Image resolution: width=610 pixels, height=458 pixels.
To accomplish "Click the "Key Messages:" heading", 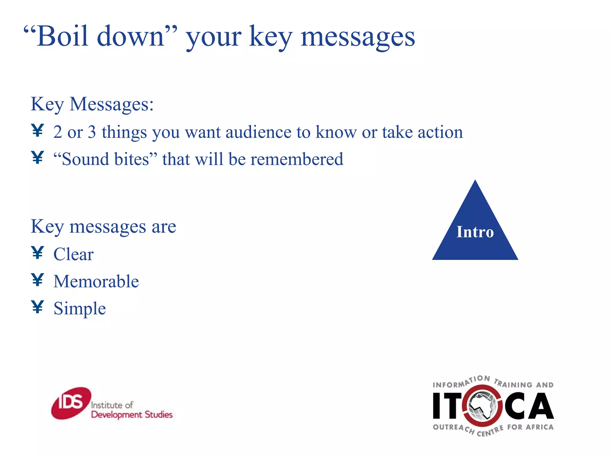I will (x=92, y=104).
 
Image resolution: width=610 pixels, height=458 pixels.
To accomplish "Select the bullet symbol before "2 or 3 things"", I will (x=38, y=131).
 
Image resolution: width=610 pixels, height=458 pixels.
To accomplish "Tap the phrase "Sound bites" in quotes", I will (x=105, y=159).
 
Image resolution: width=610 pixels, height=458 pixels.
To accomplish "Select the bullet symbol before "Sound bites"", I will (x=38, y=157).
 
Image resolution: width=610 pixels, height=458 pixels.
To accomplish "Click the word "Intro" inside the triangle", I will (x=475, y=232).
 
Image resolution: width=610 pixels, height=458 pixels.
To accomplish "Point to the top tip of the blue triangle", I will (x=475, y=181).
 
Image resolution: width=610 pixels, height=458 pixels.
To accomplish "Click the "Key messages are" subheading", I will (x=103, y=227).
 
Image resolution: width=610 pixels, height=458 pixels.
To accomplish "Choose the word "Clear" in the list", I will (x=73, y=254).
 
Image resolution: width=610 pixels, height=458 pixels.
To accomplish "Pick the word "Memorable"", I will (x=96, y=281).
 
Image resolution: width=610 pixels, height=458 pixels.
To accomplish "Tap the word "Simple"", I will (x=80, y=308).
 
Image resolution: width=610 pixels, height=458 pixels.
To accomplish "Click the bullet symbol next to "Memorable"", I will (x=38, y=280).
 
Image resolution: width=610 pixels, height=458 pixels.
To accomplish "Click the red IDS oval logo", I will (x=71, y=403).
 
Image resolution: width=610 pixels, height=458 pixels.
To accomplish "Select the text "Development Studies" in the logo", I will (x=132, y=415).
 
